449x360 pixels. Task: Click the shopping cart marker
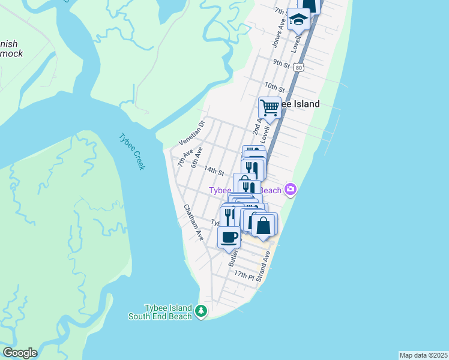[x=270, y=108]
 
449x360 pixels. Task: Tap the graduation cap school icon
[x=298, y=19]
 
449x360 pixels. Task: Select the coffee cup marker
[x=229, y=237]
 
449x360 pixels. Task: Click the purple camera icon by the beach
[x=291, y=190]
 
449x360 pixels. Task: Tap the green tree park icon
[x=201, y=311]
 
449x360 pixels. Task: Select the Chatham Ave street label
[x=194, y=223]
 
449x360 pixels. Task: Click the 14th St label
[x=214, y=170]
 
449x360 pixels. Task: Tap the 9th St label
[x=281, y=63]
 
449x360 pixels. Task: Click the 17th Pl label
[x=244, y=274]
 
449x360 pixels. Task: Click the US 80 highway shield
[x=299, y=68]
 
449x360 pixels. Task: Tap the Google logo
[x=20, y=353]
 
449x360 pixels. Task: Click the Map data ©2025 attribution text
[x=423, y=355]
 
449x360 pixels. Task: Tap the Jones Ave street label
[x=278, y=32]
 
